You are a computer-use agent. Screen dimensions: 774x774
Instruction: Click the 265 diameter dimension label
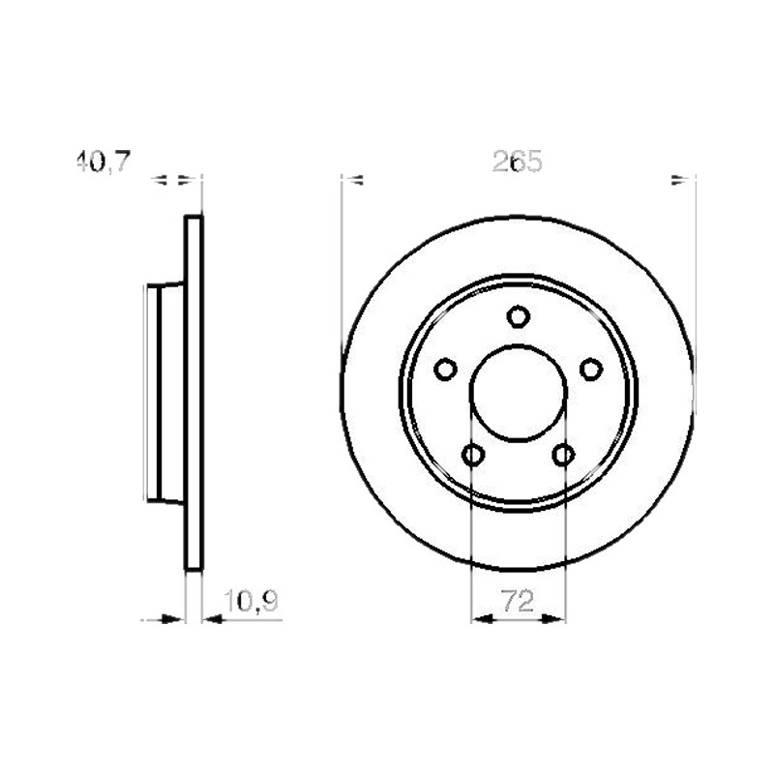coord(518,162)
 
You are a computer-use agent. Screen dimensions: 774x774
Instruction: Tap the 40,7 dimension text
coord(104,162)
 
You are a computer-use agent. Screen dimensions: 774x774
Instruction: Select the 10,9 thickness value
coord(252,601)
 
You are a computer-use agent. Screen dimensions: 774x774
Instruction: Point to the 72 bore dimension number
coord(518,601)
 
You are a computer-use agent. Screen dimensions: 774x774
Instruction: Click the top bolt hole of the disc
coord(519,316)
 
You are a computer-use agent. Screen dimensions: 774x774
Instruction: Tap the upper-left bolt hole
coord(445,370)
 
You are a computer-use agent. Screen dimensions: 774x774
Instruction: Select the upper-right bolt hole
coord(591,370)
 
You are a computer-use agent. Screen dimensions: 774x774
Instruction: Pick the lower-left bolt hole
coord(473,454)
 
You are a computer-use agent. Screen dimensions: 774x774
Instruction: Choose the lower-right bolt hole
coord(563,454)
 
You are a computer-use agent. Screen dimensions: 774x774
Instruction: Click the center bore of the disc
coord(519,393)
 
